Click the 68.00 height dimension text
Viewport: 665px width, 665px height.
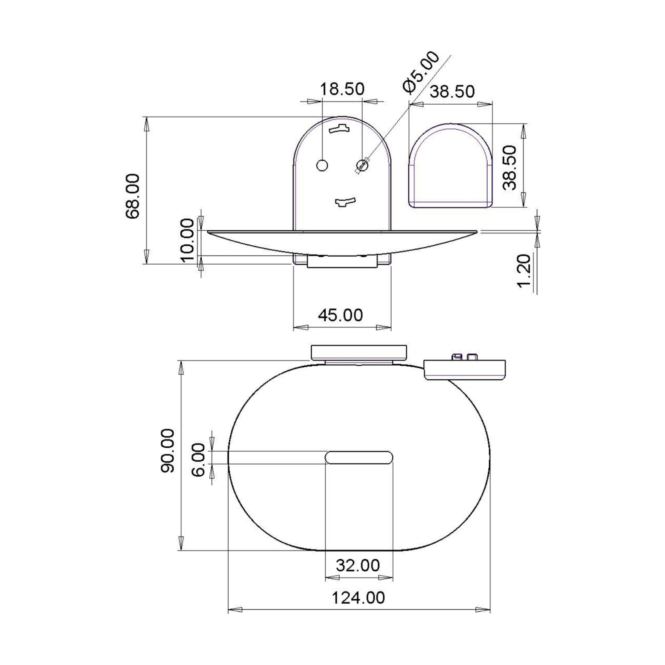pyautogui.click(x=133, y=196)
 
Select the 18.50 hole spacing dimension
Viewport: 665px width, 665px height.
pyautogui.click(x=342, y=89)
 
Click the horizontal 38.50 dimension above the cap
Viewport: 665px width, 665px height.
pyautogui.click(x=452, y=92)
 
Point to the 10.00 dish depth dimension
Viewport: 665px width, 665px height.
pyautogui.click(x=188, y=240)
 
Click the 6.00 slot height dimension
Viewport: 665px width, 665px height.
pyautogui.click(x=199, y=460)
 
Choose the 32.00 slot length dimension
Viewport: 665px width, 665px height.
pyautogui.click(x=358, y=565)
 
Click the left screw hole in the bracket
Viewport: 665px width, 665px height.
pyautogui.click(x=322, y=165)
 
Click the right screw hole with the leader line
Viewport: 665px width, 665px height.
pyautogui.click(x=362, y=165)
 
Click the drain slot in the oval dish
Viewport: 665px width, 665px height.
pyautogui.click(x=359, y=457)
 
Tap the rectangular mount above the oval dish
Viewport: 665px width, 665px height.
pyautogui.click(x=359, y=352)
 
